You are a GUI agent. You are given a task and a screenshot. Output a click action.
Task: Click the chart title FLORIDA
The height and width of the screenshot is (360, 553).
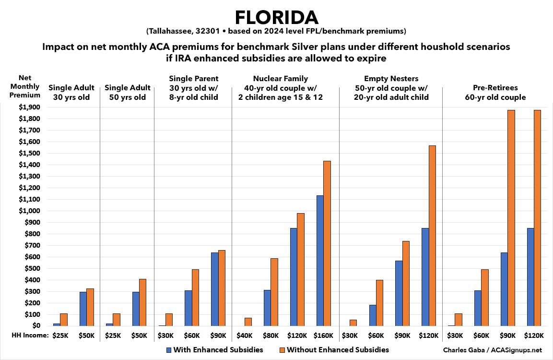click(x=277, y=17)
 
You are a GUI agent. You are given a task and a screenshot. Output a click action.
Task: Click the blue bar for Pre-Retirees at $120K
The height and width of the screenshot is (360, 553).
click(x=530, y=277)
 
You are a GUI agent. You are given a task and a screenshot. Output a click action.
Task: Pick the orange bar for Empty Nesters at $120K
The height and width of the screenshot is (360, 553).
click(x=432, y=236)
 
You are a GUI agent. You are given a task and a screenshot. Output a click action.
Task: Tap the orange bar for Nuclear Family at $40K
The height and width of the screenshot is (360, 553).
click(x=248, y=322)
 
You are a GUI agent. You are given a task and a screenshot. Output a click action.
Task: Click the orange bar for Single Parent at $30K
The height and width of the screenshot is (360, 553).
click(x=168, y=320)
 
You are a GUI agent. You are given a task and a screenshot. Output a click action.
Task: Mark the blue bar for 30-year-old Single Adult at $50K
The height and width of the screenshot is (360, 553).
click(x=83, y=309)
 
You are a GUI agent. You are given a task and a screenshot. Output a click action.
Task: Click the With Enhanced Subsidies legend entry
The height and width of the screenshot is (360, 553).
click(x=214, y=349)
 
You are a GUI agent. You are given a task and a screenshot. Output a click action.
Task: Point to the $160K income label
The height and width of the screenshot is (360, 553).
click(x=324, y=336)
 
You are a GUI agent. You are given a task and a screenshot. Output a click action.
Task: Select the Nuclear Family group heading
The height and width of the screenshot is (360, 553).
click(x=281, y=88)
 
